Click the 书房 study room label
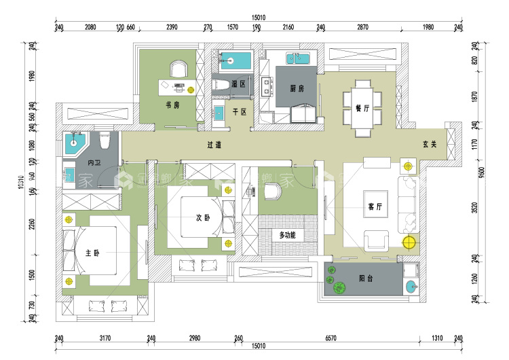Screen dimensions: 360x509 [172, 105]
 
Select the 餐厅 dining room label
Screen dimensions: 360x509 [362, 108]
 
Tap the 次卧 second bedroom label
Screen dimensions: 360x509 [203, 217]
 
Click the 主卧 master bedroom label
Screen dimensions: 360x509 [92, 253]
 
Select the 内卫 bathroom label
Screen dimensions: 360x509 [94, 163]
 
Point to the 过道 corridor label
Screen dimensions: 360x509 [215, 145]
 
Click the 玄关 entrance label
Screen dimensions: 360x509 [428, 145]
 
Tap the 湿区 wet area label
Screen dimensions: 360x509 [238, 84]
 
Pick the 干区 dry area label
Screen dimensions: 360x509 [239, 111]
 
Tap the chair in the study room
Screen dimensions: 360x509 [178, 68]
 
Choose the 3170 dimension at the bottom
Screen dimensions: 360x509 [105, 337]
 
